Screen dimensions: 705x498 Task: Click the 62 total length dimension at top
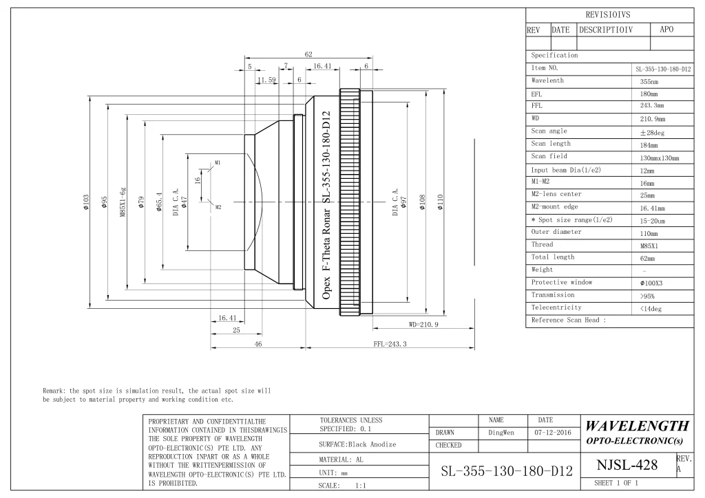tap(308, 54)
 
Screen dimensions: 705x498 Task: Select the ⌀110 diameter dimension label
tap(440, 202)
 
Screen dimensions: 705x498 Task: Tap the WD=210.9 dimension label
tap(423, 324)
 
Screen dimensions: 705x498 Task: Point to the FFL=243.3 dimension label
tap(390, 344)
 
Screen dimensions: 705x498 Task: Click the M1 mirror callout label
tap(218, 162)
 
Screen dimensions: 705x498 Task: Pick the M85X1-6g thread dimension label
tap(123, 202)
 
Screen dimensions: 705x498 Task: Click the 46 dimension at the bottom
tap(258, 344)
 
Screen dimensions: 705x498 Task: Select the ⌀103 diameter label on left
tap(86, 202)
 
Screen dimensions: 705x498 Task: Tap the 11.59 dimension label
tap(266, 80)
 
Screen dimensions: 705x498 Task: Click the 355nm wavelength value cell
tap(649, 82)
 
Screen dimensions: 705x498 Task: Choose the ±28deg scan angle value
tap(652, 133)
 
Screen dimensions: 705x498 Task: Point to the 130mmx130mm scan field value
tap(660, 158)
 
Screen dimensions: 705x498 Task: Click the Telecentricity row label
tap(556, 307)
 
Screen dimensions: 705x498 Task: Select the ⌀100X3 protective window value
tap(651, 283)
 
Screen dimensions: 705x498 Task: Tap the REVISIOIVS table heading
tap(608, 15)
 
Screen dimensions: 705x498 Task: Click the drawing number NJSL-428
tap(627, 465)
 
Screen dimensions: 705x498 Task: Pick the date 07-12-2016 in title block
tap(553, 433)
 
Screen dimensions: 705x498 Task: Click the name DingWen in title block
tap(501, 433)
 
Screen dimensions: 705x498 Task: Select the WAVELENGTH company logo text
tap(637, 425)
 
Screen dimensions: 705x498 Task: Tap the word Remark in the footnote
tap(54, 391)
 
